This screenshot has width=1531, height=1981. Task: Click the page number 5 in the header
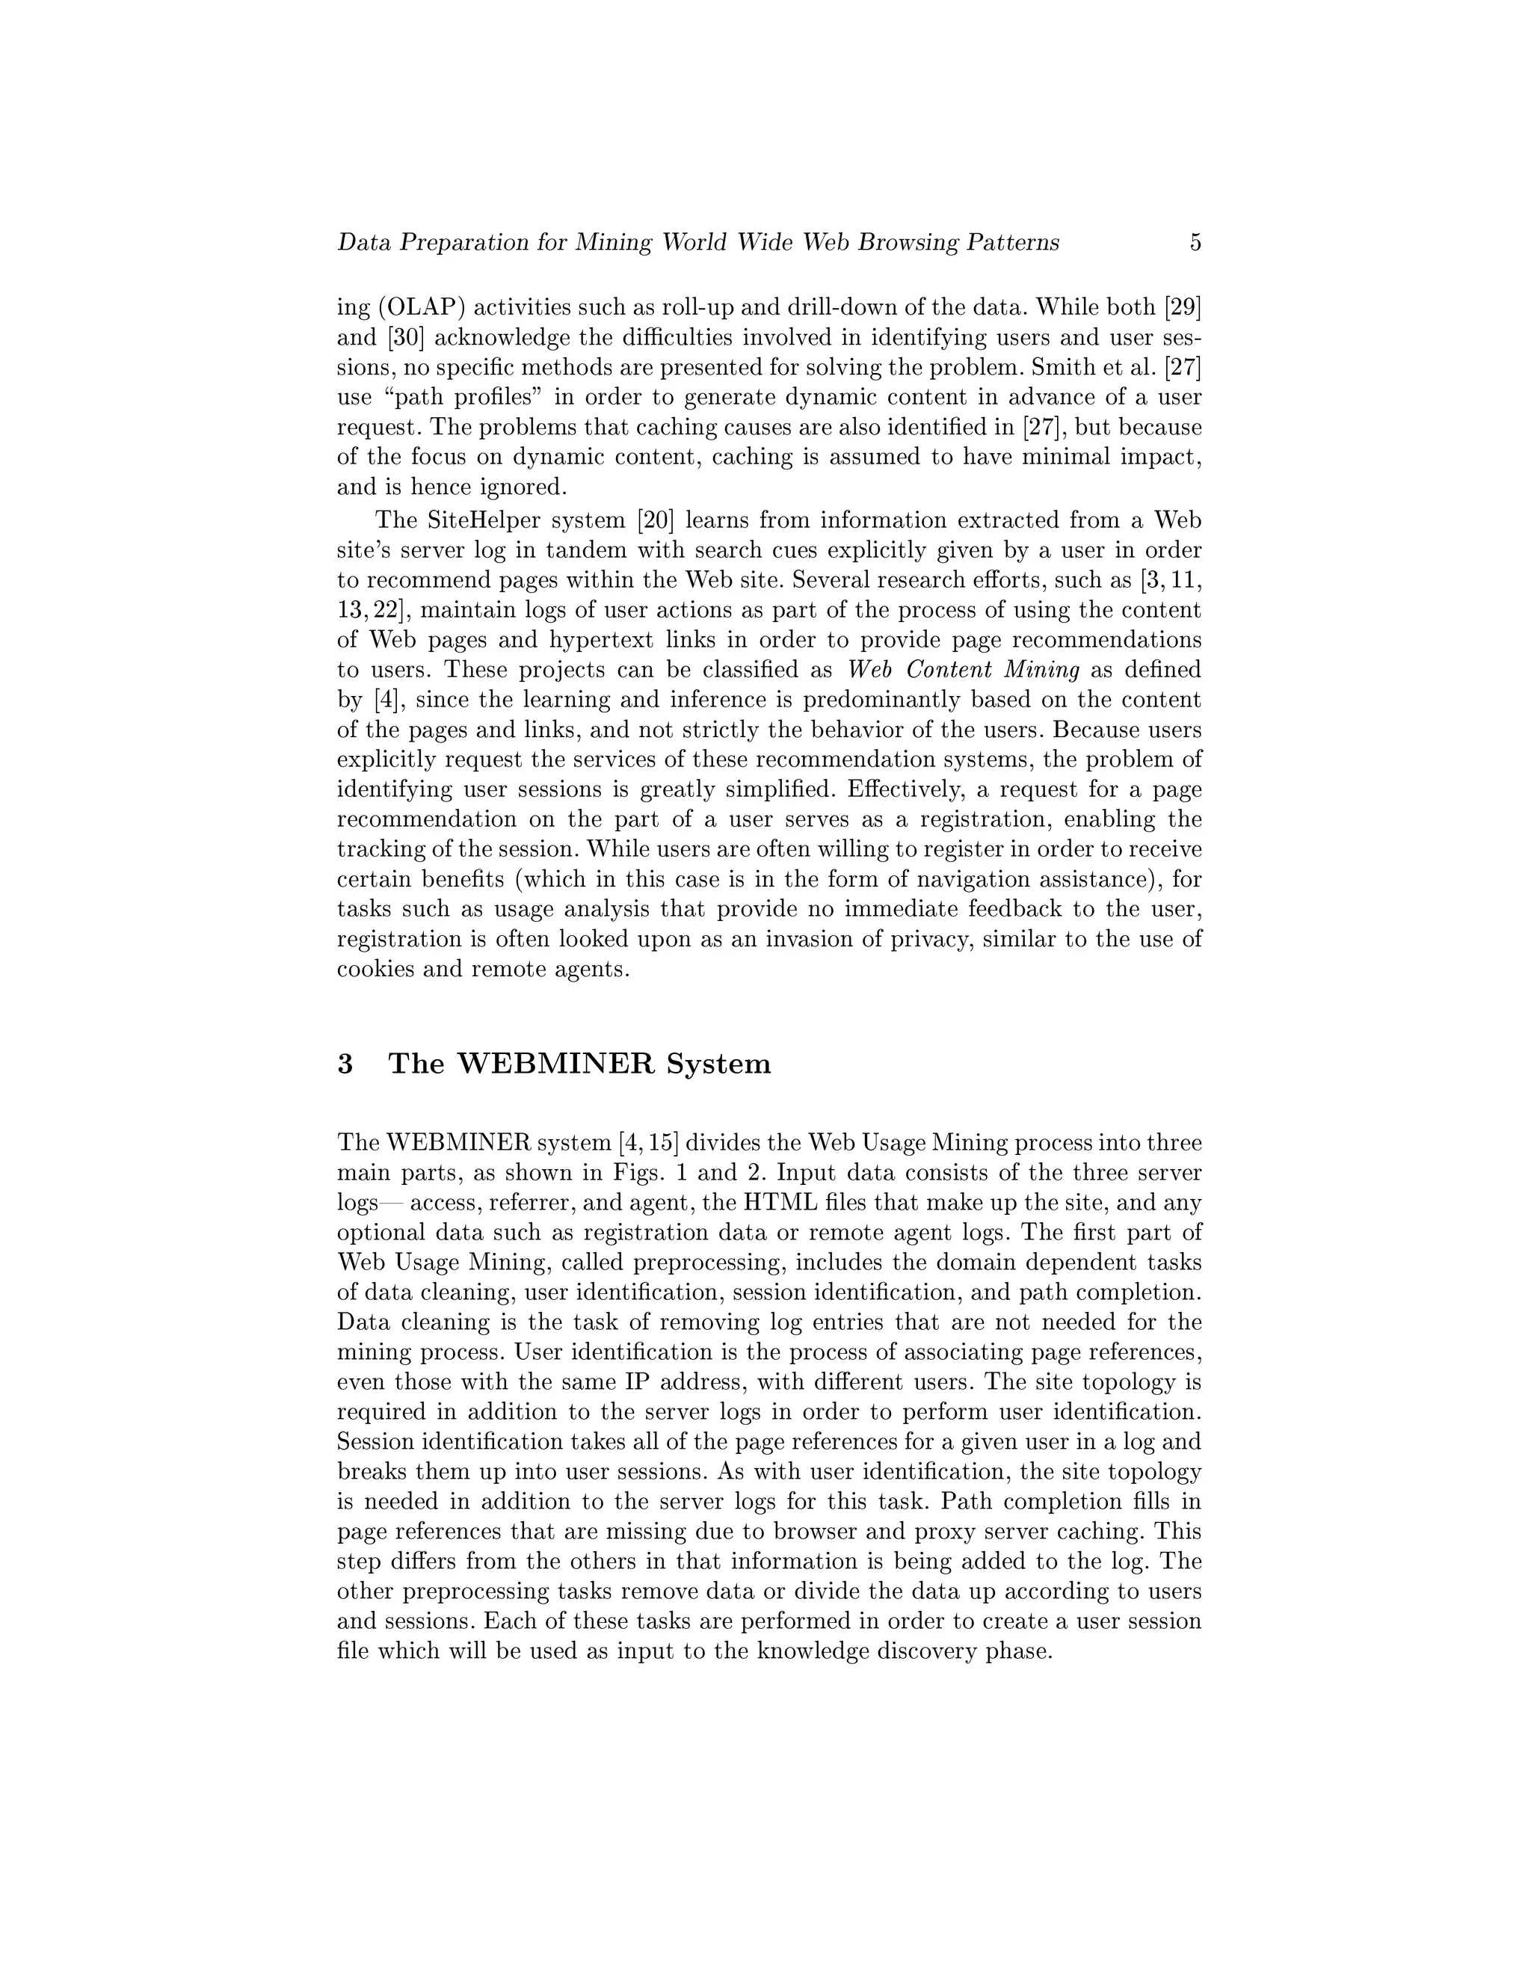tap(1195, 242)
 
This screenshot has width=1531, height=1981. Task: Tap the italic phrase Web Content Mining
tap(963, 671)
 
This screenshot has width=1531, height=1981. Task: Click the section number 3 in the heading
tap(345, 1063)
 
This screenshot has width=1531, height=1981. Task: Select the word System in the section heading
tap(718, 1063)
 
